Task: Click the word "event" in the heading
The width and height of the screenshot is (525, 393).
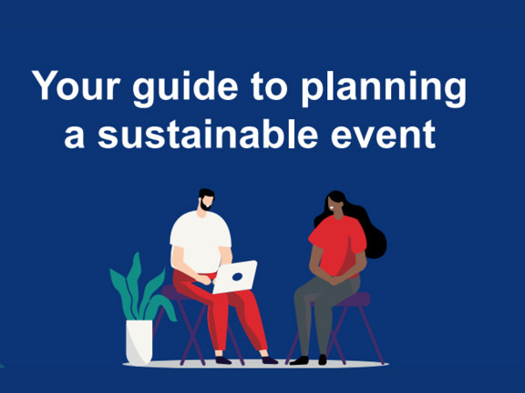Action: [386, 136]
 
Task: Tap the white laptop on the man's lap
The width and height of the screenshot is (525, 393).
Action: [235, 276]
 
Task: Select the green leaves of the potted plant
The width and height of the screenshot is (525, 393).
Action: [138, 287]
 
